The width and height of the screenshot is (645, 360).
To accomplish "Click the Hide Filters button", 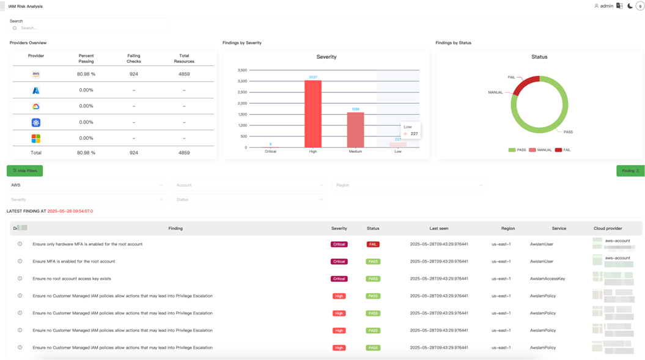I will (x=25, y=171).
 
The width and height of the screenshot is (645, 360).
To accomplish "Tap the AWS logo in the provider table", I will (x=36, y=74).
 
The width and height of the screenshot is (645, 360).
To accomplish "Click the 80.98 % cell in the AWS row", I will (x=86, y=74).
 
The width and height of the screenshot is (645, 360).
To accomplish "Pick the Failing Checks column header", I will (x=133, y=58).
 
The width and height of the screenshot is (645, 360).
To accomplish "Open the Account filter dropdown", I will (x=248, y=185).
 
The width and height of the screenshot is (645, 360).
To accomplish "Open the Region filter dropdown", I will (x=408, y=185).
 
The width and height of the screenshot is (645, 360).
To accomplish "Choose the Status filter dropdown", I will (x=248, y=200).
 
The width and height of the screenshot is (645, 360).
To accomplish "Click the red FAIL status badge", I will (x=373, y=244).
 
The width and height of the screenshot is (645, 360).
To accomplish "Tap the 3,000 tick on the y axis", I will (x=242, y=81).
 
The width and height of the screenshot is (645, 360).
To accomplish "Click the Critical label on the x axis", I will (x=270, y=152).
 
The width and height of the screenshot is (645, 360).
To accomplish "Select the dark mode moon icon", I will (x=630, y=6).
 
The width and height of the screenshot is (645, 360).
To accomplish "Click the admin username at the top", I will (x=606, y=6).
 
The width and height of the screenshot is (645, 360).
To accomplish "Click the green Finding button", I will (x=630, y=171).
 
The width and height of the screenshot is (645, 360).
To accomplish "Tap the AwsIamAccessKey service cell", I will (x=547, y=279).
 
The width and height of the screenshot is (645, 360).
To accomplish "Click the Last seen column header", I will (x=438, y=229).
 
